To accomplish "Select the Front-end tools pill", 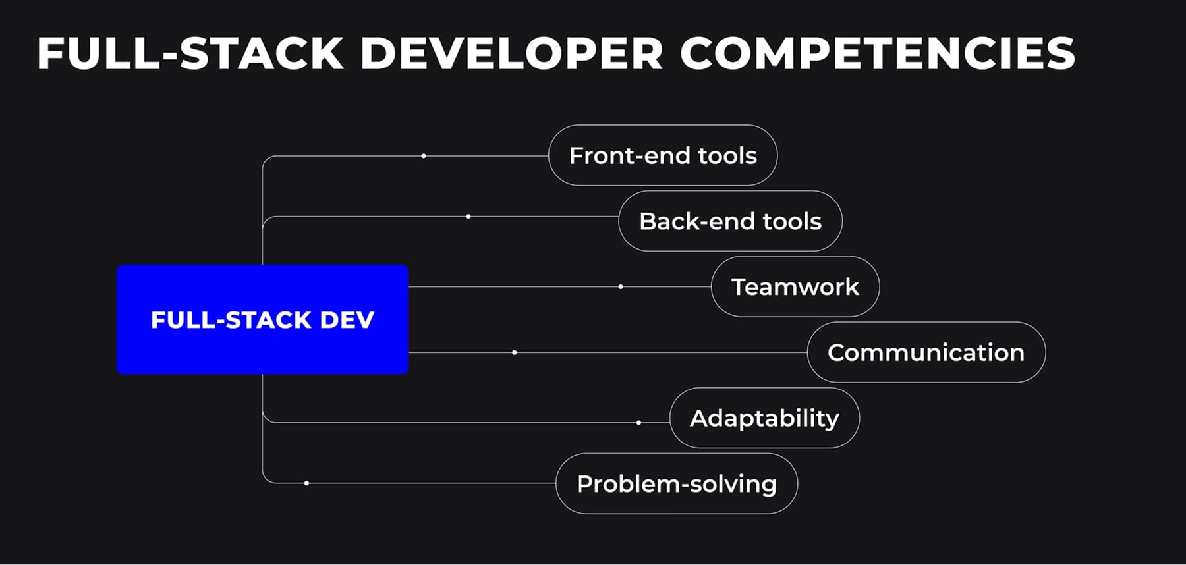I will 662,155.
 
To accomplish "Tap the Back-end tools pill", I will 730,221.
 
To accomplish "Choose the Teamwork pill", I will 795,286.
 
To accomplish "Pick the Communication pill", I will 926,352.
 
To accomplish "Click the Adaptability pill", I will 764,418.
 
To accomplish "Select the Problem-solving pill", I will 676,484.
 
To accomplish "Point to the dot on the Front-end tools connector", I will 424,156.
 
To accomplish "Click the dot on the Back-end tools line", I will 468,216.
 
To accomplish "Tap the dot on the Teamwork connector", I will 621,286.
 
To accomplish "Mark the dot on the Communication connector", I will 515,352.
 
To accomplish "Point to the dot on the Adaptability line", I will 638,423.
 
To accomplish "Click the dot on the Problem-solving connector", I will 306,483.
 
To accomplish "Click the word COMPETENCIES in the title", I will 877,53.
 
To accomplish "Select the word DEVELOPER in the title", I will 511,53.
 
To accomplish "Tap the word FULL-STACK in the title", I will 190,53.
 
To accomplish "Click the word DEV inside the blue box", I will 347,320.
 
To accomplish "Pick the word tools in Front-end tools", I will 727,155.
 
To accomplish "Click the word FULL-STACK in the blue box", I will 231,320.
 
